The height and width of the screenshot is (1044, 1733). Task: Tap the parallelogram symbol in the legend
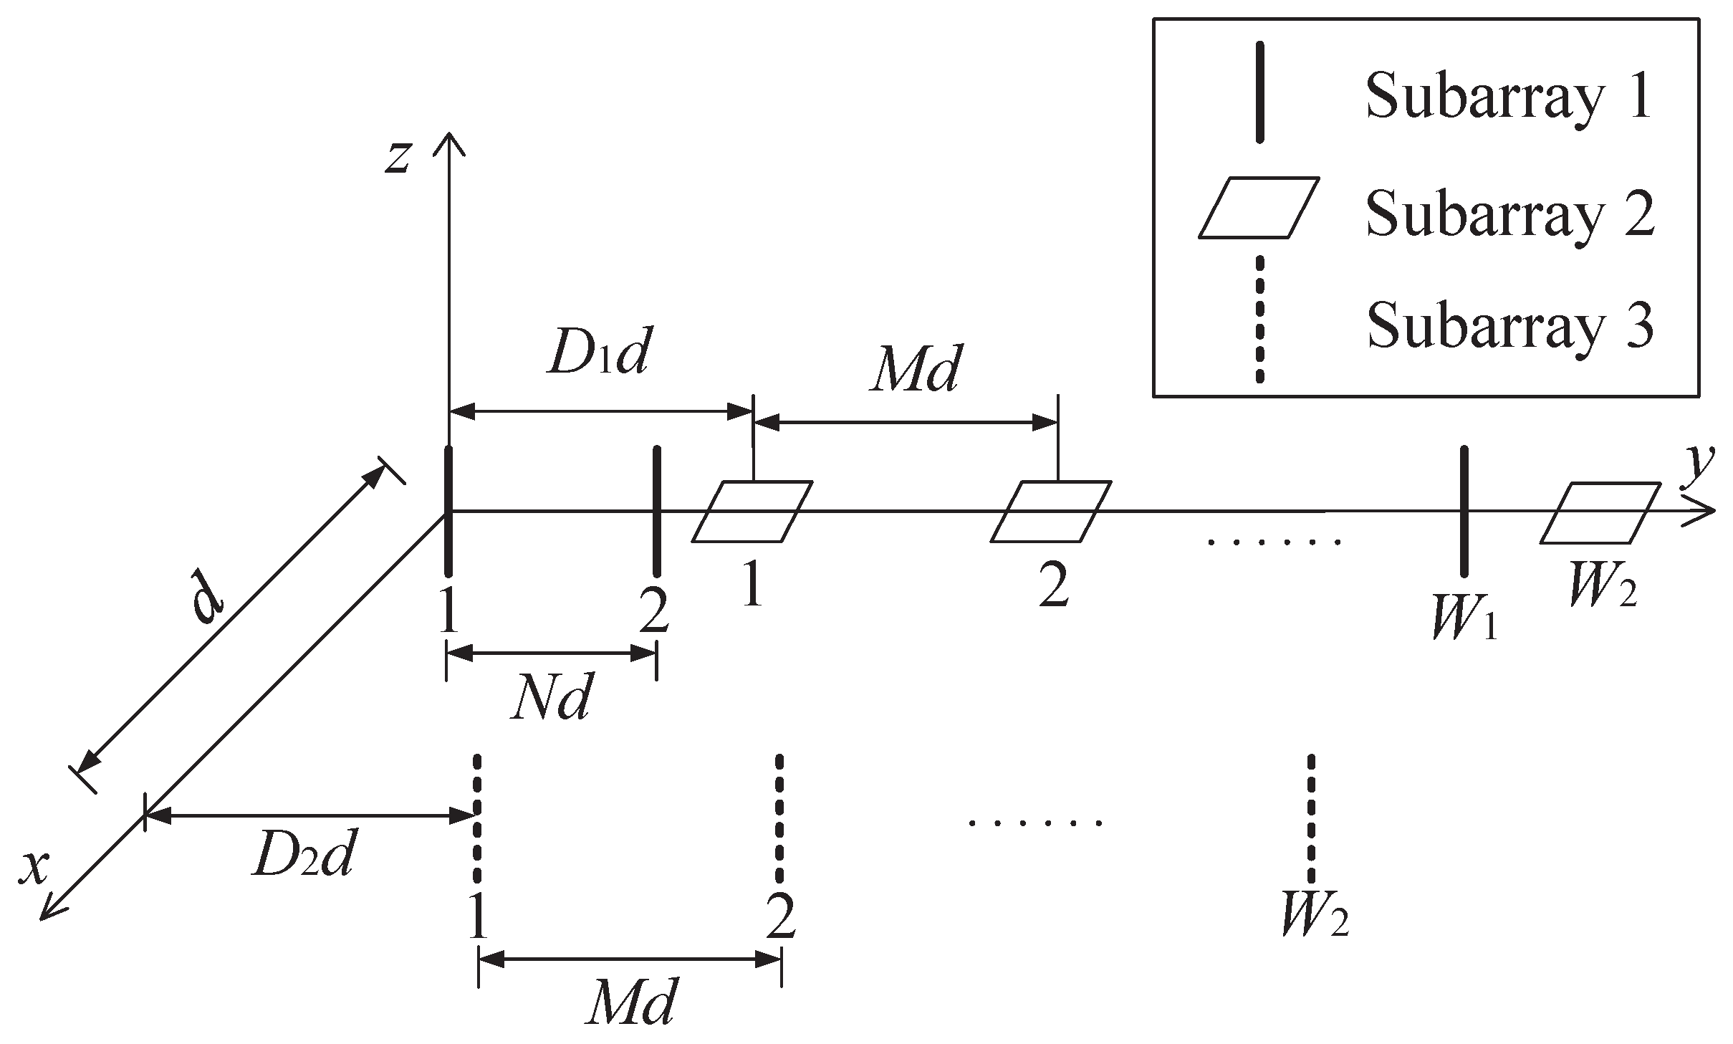[1259, 208]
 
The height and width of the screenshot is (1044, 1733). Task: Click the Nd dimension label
[551, 699]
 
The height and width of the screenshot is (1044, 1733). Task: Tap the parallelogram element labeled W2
[1600, 513]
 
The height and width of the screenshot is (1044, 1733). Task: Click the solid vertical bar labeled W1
[1464, 510]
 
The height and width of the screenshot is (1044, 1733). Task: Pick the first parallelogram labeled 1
[752, 512]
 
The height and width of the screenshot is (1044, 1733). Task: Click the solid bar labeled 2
[657, 510]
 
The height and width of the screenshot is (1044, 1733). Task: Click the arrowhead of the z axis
[448, 142]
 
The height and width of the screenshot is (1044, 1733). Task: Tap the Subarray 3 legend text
[1510, 325]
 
